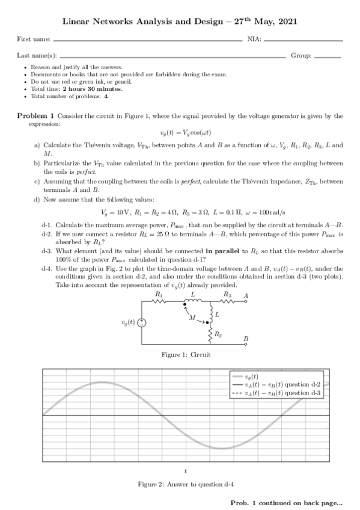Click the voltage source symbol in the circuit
pos(142,322)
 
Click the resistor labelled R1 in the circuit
pos(159,303)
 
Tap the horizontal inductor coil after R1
pos(192,302)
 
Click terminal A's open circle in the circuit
pos(245,303)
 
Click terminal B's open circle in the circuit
pos(245,343)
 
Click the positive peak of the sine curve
pos(103,382)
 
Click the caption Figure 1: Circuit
pos(186,355)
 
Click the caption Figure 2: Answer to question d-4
pos(186,484)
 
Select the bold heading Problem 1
pos(36,115)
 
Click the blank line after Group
pos(328,57)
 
